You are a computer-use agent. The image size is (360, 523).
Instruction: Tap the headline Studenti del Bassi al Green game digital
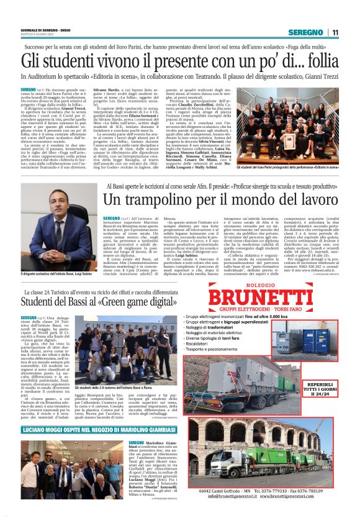click(x=99, y=301)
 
